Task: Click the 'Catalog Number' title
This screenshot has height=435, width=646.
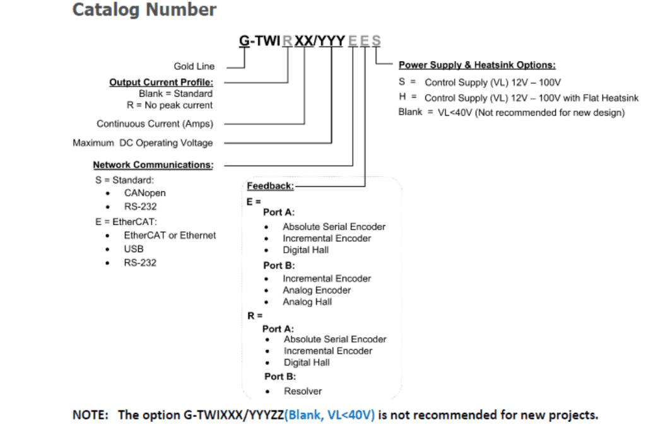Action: [x=144, y=10]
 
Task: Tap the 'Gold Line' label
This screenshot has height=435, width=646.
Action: [x=194, y=66]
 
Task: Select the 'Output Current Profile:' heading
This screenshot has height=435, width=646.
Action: [x=161, y=83]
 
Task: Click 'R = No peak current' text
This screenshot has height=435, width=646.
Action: [x=170, y=105]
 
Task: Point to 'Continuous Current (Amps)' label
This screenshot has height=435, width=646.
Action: [x=155, y=124]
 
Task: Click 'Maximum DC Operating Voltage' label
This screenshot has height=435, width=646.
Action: [x=143, y=143]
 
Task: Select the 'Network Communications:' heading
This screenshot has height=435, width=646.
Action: [x=153, y=165]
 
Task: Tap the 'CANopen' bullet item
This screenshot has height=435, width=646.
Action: [x=144, y=193]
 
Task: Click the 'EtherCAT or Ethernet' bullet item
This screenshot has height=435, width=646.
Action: [x=169, y=235]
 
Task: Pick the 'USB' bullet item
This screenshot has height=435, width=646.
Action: [x=133, y=249]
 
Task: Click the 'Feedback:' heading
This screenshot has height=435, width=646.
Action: [x=270, y=187]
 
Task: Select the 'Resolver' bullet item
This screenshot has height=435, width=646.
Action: [x=302, y=391]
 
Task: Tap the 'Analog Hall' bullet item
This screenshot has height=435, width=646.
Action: [x=307, y=302]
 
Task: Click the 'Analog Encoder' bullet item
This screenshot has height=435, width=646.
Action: [x=316, y=291]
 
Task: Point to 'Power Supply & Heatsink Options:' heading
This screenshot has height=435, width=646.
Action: [x=477, y=65]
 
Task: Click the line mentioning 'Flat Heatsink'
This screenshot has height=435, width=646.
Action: [x=531, y=98]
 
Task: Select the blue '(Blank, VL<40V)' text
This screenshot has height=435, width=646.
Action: [x=329, y=415]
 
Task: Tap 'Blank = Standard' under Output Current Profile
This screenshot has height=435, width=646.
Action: [x=175, y=94]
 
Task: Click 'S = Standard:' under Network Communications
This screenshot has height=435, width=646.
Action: [x=120, y=180]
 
